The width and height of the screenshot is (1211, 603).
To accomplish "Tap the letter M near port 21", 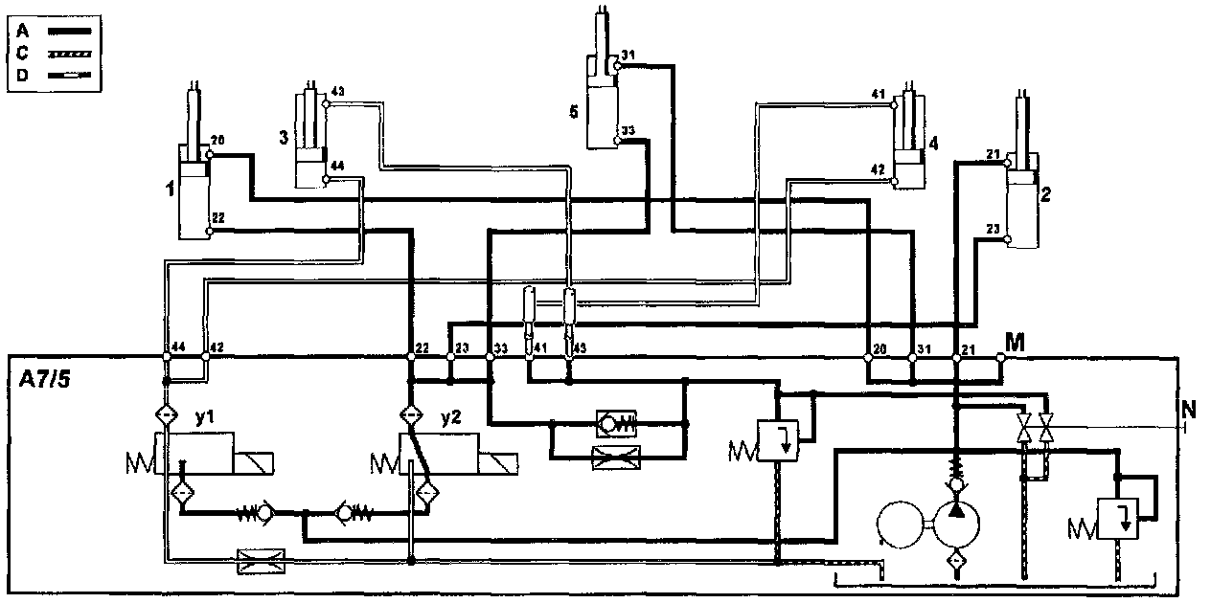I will click(x=1015, y=342).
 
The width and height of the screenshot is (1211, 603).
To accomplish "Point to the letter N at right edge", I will click(x=1189, y=411).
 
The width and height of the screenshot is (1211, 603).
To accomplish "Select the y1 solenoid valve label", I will click(x=201, y=418).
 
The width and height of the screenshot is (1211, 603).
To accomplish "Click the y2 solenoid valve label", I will click(x=450, y=418).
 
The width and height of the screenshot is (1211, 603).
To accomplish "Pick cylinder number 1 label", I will click(x=170, y=190).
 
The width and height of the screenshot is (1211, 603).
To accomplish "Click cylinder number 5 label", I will click(x=574, y=112).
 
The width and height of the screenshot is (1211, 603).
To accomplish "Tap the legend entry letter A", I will click(x=21, y=30).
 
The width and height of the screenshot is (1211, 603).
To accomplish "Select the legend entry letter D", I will click(x=21, y=72).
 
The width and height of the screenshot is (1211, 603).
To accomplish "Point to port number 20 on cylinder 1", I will click(x=217, y=141).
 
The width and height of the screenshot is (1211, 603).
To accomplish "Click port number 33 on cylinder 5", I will click(x=628, y=130).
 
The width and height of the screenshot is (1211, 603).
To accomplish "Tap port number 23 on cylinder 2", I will click(x=993, y=228).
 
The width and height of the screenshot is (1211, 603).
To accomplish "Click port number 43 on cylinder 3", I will click(x=337, y=92).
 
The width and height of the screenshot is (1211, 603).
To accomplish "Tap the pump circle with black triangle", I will click(x=957, y=521).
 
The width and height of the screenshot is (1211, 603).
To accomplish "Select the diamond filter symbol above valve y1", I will click(x=166, y=416).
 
